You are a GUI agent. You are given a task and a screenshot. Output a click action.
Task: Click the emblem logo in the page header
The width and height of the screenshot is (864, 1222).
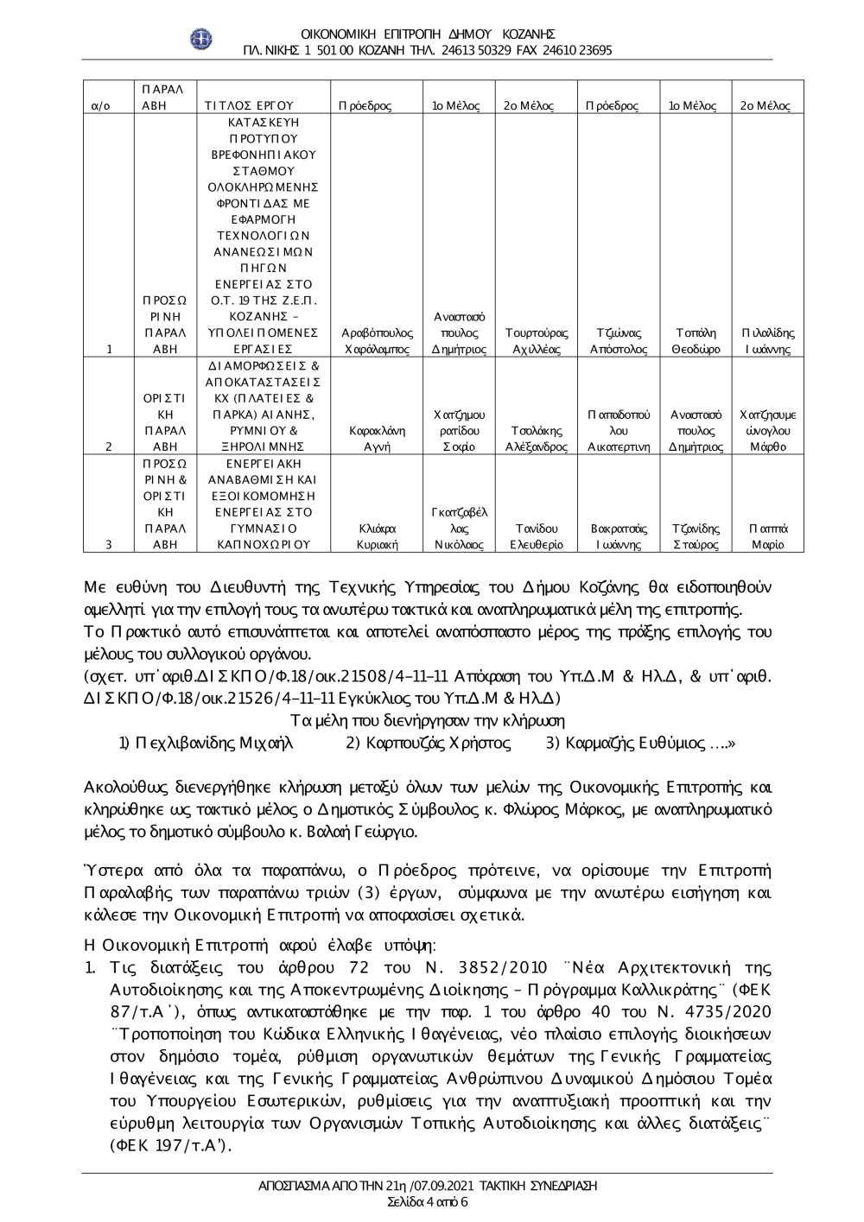coord(200,39)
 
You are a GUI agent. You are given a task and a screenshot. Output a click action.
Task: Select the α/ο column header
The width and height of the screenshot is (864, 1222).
coord(100,106)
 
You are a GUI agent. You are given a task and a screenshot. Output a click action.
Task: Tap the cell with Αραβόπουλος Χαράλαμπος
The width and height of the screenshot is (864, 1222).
coord(377,341)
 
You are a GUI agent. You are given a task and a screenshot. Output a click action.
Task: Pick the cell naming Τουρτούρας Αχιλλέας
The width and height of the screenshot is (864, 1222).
coord(536,341)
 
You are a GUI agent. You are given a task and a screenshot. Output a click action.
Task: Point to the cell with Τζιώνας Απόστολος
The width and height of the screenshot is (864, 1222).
coord(618,341)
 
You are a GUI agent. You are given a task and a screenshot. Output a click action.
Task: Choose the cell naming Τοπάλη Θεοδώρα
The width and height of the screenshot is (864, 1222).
coord(696,341)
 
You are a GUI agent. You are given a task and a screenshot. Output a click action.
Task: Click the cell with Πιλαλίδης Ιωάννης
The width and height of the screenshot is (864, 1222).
coord(767,341)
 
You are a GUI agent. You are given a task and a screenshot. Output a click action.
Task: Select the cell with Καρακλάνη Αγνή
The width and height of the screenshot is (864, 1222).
coord(377,439)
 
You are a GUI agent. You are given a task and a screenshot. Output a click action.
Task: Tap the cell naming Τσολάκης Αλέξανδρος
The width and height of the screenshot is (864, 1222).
coord(536,439)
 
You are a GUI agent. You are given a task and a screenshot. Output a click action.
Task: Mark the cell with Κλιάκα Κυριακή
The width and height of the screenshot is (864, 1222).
coord(377,536)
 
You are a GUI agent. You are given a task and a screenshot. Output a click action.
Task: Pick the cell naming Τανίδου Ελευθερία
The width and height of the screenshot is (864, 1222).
coord(536,536)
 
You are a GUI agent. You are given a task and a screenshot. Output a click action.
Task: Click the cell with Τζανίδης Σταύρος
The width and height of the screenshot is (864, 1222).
coord(696,536)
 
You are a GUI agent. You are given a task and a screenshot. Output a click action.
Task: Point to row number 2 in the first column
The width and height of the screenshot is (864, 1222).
coord(108,447)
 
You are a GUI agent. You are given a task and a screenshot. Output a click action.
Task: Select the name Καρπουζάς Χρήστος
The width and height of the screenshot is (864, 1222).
coord(428,743)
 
